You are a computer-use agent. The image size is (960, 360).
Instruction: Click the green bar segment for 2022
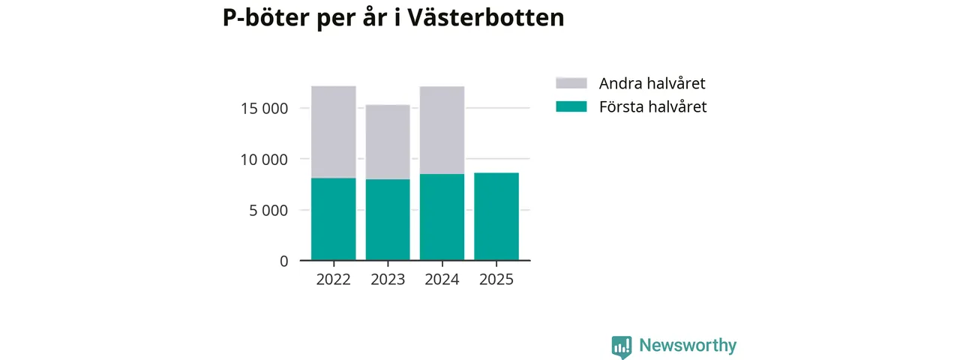tap(334, 219)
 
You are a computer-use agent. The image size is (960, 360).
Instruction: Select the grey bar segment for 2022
tap(334, 132)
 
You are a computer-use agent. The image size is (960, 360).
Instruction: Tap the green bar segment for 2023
tap(388, 220)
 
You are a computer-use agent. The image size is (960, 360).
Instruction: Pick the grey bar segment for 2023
tap(388, 142)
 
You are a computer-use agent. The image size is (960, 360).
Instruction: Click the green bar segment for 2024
tap(442, 217)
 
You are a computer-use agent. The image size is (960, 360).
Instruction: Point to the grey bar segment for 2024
tap(442, 130)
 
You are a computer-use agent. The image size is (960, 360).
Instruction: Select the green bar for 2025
tap(496, 217)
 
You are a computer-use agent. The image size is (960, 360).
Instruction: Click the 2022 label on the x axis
tap(334, 280)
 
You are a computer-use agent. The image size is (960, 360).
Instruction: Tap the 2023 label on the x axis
tap(388, 280)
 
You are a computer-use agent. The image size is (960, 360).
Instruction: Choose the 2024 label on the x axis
tap(442, 280)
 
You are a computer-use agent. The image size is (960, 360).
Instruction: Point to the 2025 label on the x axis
tap(496, 280)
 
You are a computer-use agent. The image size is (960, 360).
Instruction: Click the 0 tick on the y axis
tap(283, 261)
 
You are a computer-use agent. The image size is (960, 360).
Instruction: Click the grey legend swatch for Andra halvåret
tap(571, 83)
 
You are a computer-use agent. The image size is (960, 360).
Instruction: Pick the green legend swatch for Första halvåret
tap(571, 106)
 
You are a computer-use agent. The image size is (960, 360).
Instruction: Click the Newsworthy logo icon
tap(621, 346)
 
